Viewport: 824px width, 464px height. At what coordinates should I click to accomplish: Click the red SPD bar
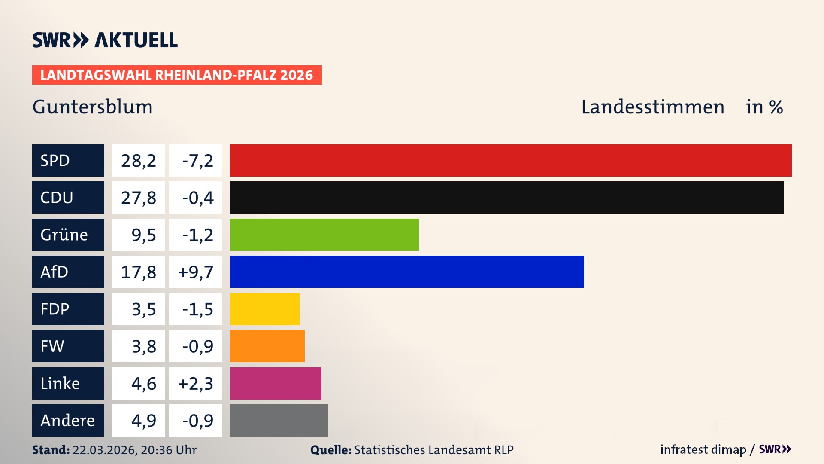[511, 160]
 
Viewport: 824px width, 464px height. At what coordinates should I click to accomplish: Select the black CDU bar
[506, 197]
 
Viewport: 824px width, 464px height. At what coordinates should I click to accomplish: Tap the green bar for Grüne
[324, 235]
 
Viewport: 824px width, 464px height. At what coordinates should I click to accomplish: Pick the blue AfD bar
[407, 272]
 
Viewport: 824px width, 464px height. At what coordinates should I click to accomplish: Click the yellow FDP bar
[264, 309]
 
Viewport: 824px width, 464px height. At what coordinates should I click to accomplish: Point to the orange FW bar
[267, 346]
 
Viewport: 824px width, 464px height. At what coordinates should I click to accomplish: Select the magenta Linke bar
[276, 383]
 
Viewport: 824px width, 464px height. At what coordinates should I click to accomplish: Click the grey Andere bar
[279, 420]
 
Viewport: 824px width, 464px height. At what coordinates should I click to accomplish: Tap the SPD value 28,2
[138, 161]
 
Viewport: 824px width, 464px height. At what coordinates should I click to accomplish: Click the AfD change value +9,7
[196, 272]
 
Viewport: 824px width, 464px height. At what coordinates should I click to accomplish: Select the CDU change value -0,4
[197, 198]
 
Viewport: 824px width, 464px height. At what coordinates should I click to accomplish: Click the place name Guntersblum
[93, 107]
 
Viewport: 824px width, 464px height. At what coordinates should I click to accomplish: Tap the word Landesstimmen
[652, 107]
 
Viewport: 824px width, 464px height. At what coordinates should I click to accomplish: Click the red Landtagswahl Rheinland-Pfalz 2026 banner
[177, 75]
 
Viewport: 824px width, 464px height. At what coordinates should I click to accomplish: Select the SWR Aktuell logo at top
[105, 40]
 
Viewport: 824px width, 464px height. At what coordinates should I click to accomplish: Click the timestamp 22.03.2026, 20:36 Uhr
[134, 450]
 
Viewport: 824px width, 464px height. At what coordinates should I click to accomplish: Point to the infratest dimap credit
[703, 449]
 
